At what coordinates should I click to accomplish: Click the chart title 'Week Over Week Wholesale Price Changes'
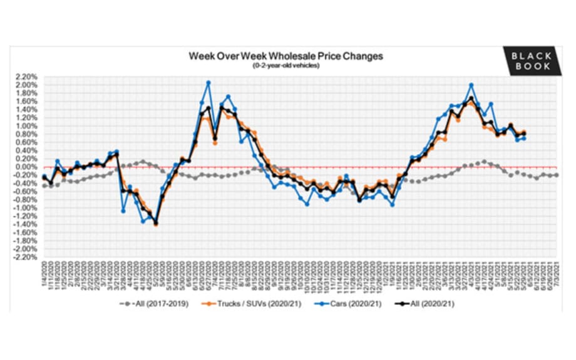[x=286, y=56]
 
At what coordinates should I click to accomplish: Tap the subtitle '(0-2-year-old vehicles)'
[x=286, y=66]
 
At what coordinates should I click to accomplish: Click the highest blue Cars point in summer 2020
[x=208, y=83]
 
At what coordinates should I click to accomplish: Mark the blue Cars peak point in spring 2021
[x=471, y=85]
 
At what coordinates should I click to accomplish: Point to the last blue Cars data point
[x=523, y=138]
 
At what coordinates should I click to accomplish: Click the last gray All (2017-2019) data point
[x=557, y=175]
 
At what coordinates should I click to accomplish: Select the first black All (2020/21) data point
[x=44, y=177]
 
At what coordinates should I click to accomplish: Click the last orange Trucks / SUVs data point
[x=523, y=131]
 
